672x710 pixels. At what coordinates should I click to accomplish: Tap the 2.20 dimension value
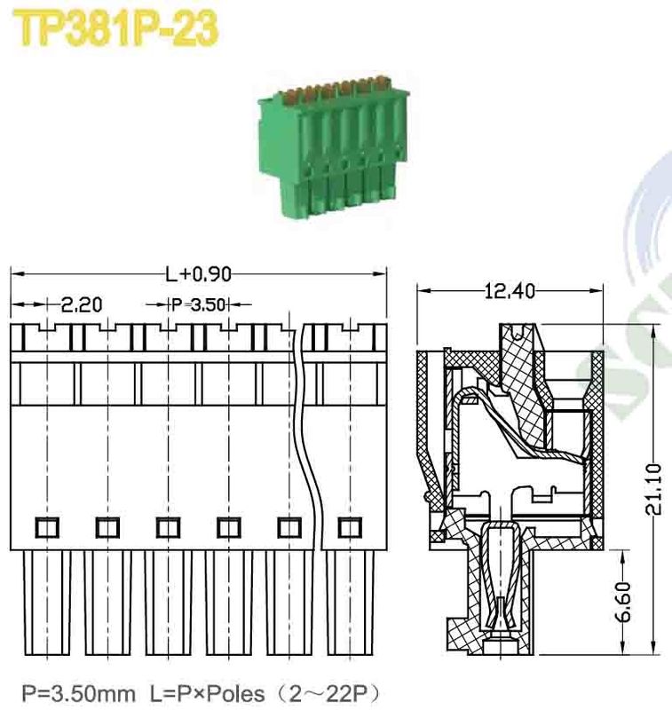pos(81,304)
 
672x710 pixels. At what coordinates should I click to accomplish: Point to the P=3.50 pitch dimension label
pos(199,304)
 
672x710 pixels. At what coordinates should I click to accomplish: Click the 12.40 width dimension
pos(510,290)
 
